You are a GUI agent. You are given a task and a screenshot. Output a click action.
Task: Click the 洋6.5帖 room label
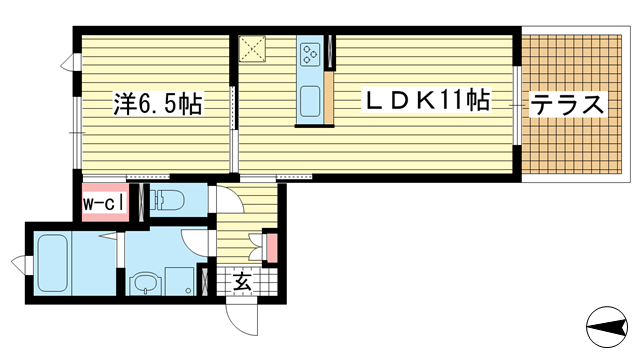click(x=158, y=104)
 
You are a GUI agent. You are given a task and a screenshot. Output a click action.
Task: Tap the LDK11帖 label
click(x=427, y=100)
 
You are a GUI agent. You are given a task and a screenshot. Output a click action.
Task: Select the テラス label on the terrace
click(x=567, y=104)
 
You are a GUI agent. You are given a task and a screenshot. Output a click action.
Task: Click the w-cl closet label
click(x=104, y=204)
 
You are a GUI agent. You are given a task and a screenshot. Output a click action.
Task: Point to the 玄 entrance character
click(x=242, y=283)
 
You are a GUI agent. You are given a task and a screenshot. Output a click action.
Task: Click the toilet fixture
click(x=167, y=200)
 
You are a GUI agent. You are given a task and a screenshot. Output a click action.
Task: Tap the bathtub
click(x=52, y=263)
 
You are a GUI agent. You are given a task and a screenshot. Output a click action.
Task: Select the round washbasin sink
click(x=145, y=285)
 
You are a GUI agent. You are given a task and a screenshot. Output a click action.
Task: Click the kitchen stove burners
click(x=309, y=55)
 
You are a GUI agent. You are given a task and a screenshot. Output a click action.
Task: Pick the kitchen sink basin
click(x=310, y=101)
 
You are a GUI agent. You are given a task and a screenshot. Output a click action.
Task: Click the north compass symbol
click(x=607, y=327)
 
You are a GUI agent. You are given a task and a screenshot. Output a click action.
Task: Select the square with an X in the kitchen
click(x=252, y=49)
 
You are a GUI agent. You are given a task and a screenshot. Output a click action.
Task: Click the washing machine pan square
click(x=179, y=281)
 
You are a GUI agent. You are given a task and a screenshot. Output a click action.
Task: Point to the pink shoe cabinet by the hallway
click(x=272, y=248)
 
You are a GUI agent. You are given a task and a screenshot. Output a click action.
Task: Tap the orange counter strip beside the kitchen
click(x=329, y=97)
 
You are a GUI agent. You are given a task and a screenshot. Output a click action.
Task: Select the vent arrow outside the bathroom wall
click(x=20, y=264)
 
